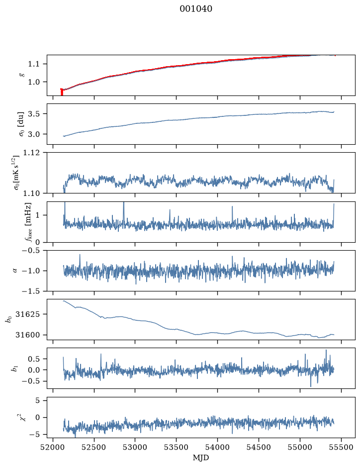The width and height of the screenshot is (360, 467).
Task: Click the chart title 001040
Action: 196,9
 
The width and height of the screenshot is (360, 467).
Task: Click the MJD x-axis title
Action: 201,458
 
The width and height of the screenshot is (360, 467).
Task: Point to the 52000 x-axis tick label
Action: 53,447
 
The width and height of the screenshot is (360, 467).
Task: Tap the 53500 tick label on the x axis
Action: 177,447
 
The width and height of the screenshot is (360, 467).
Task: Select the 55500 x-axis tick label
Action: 341,447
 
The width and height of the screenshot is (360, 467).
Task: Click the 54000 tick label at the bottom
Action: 217,447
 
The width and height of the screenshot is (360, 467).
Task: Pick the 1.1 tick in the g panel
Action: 34,64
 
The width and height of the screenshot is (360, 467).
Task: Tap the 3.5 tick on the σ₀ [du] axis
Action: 34,114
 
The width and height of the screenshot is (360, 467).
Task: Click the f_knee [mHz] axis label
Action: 28,222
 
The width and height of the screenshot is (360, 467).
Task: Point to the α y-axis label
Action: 15,271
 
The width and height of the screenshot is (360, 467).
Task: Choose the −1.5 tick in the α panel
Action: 31,291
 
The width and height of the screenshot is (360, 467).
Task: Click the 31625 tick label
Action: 27,314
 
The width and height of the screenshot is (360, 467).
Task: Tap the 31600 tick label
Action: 27,335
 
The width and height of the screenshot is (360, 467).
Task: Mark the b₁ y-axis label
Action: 14,369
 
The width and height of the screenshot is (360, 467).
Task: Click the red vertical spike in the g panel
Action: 62,92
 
